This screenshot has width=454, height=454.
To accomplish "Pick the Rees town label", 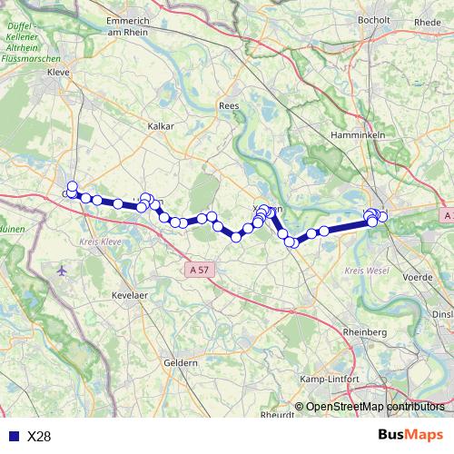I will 229,105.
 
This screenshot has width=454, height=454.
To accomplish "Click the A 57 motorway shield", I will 204,270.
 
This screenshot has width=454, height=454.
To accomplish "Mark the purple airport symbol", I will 62,270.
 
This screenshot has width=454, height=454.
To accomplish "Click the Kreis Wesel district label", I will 365,271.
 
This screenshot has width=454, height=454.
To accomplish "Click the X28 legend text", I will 39,437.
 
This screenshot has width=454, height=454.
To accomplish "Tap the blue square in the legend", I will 12,437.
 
